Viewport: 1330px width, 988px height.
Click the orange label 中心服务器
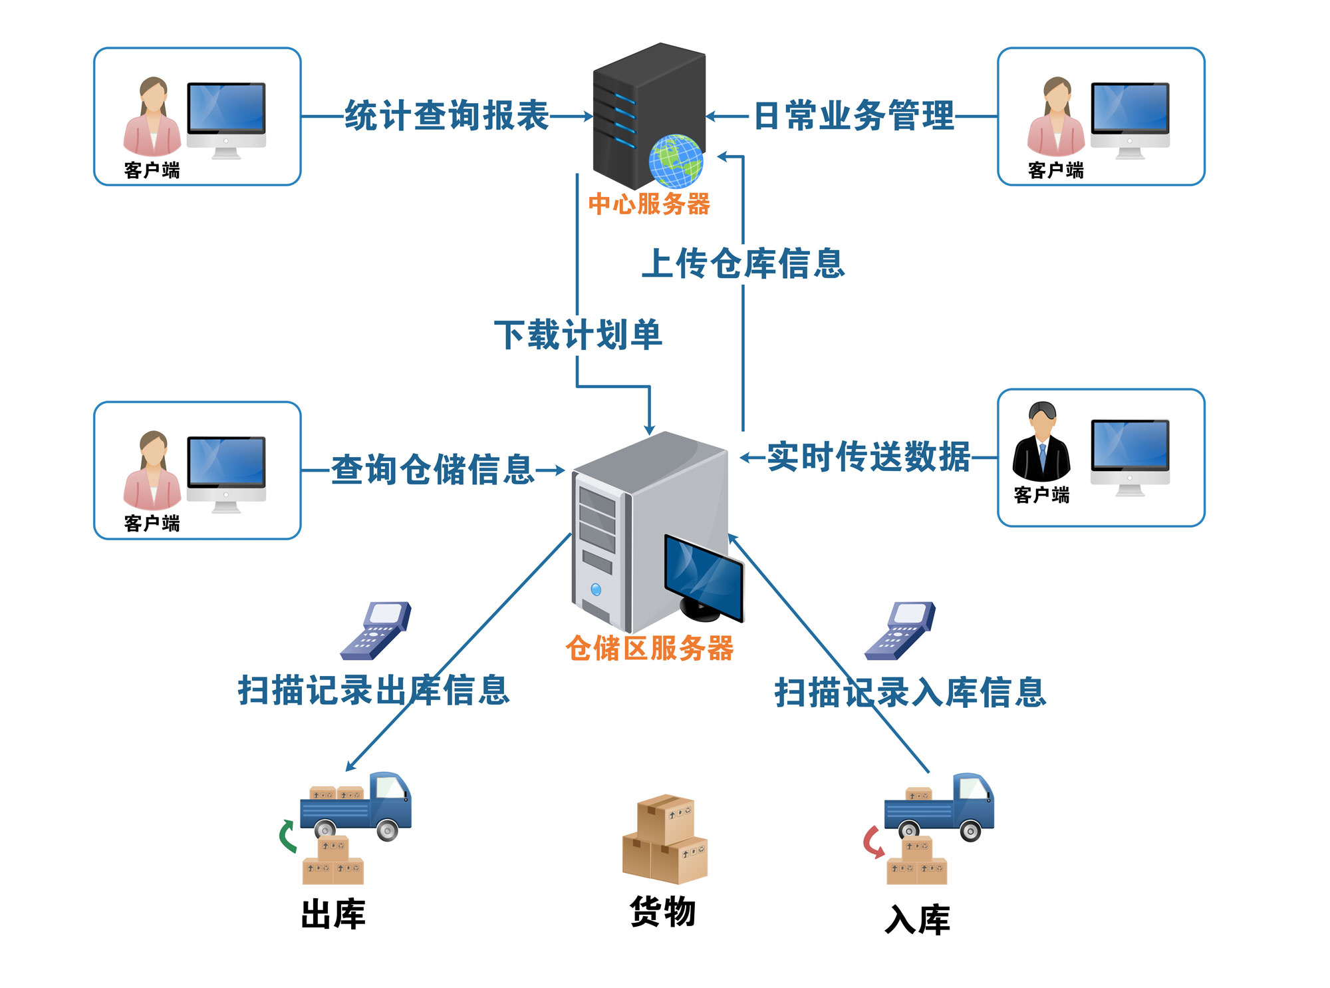click(649, 204)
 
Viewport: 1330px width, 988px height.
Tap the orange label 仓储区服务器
click(649, 648)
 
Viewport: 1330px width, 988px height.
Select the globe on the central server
click(676, 160)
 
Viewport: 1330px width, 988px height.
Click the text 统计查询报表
click(447, 116)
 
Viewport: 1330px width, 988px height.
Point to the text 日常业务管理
click(854, 116)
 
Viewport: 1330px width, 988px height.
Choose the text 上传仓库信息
click(743, 263)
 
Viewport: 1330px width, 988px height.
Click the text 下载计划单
click(578, 335)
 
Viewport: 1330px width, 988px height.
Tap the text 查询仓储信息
click(433, 470)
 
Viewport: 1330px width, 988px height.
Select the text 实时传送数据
click(868, 457)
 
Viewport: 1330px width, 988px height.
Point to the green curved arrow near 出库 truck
click(287, 836)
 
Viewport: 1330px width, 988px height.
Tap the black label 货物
click(662, 911)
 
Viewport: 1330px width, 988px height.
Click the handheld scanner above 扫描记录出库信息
click(376, 630)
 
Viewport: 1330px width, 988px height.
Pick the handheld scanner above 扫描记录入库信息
click(900, 630)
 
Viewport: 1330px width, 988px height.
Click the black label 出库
click(333, 914)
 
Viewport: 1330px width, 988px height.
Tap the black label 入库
click(917, 920)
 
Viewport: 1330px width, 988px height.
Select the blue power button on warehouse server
click(596, 589)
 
